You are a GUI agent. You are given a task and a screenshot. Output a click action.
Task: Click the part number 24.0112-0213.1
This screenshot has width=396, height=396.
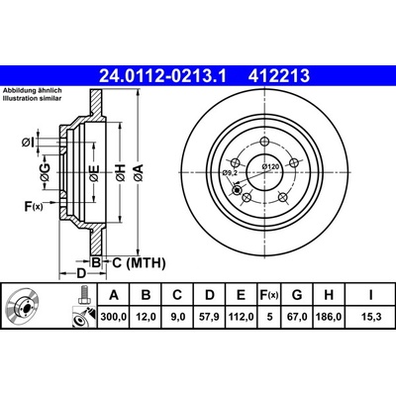tap(162, 76)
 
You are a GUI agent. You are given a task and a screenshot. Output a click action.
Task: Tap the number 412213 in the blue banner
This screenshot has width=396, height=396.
tap(279, 76)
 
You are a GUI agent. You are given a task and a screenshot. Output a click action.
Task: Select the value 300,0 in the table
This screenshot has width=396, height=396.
tap(114, 317)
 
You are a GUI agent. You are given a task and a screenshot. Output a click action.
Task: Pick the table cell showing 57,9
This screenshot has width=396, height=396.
tap(210, 317)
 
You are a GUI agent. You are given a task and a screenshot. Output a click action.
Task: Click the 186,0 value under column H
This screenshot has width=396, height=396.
tap(329, 317)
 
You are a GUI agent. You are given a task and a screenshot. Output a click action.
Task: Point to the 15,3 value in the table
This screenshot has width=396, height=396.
tap(371, 317)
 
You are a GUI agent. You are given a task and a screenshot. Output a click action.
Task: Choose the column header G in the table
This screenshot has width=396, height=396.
tap(297, 295)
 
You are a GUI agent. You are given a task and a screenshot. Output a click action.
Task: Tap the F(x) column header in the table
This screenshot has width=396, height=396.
tap(269, 295)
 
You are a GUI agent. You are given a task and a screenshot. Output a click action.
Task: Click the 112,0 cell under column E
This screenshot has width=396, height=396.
tap(241, 317)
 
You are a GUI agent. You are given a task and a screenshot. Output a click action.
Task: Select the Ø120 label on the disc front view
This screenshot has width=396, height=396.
tap(270, 166)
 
